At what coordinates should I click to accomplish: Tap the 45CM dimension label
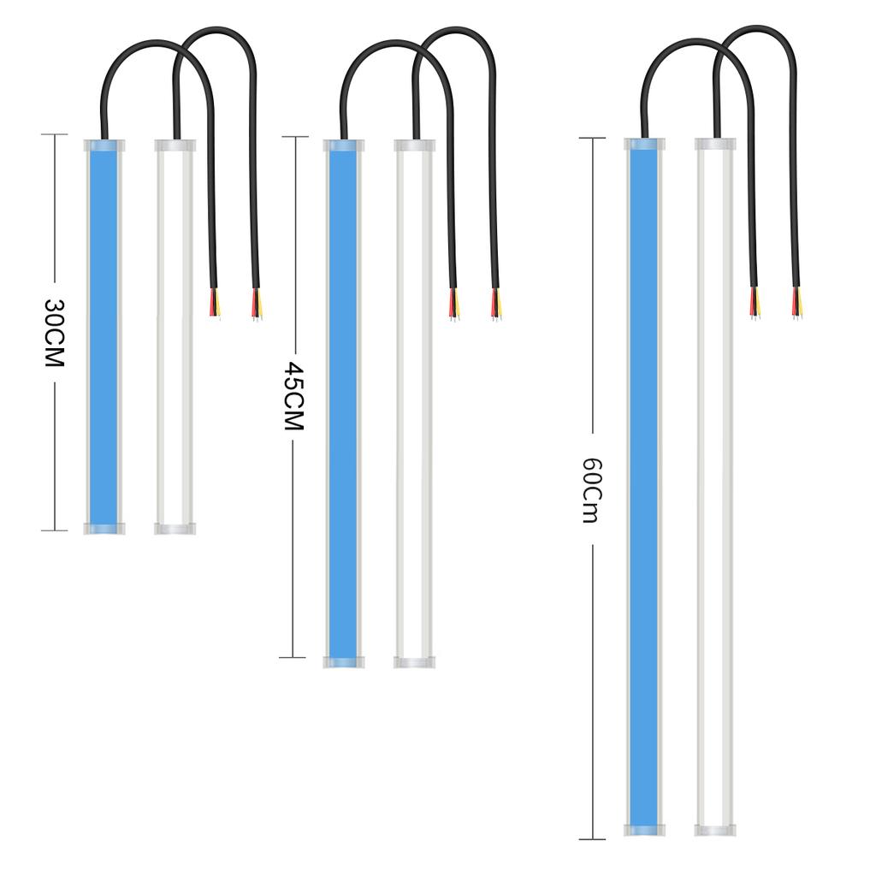pyautogui.click(x=293, y=395)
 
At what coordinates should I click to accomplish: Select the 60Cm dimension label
pyautogui.click(x=592, y=490)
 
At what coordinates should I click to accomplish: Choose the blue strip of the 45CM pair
pyautogui.click(x=343, y=402)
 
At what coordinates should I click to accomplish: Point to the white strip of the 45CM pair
pyautogui.click(x=414, y=402)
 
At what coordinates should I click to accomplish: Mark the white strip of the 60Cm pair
pyautogui.click(x=715, y=488)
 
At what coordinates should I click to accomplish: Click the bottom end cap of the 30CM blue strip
pyautogui.click(x=104, y=528)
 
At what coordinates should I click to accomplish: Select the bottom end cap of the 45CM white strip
pyautogui.click(x=414, y=662)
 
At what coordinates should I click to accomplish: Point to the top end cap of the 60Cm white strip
pyautogui.click(x=715, y=144)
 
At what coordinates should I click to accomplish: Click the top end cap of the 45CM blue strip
pyautogui.click(x=343, y=145)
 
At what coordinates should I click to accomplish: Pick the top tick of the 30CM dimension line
pyautogui.click(x=55, y=134)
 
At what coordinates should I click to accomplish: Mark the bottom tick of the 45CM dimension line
pyautogui.click(x=293, y=657)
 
